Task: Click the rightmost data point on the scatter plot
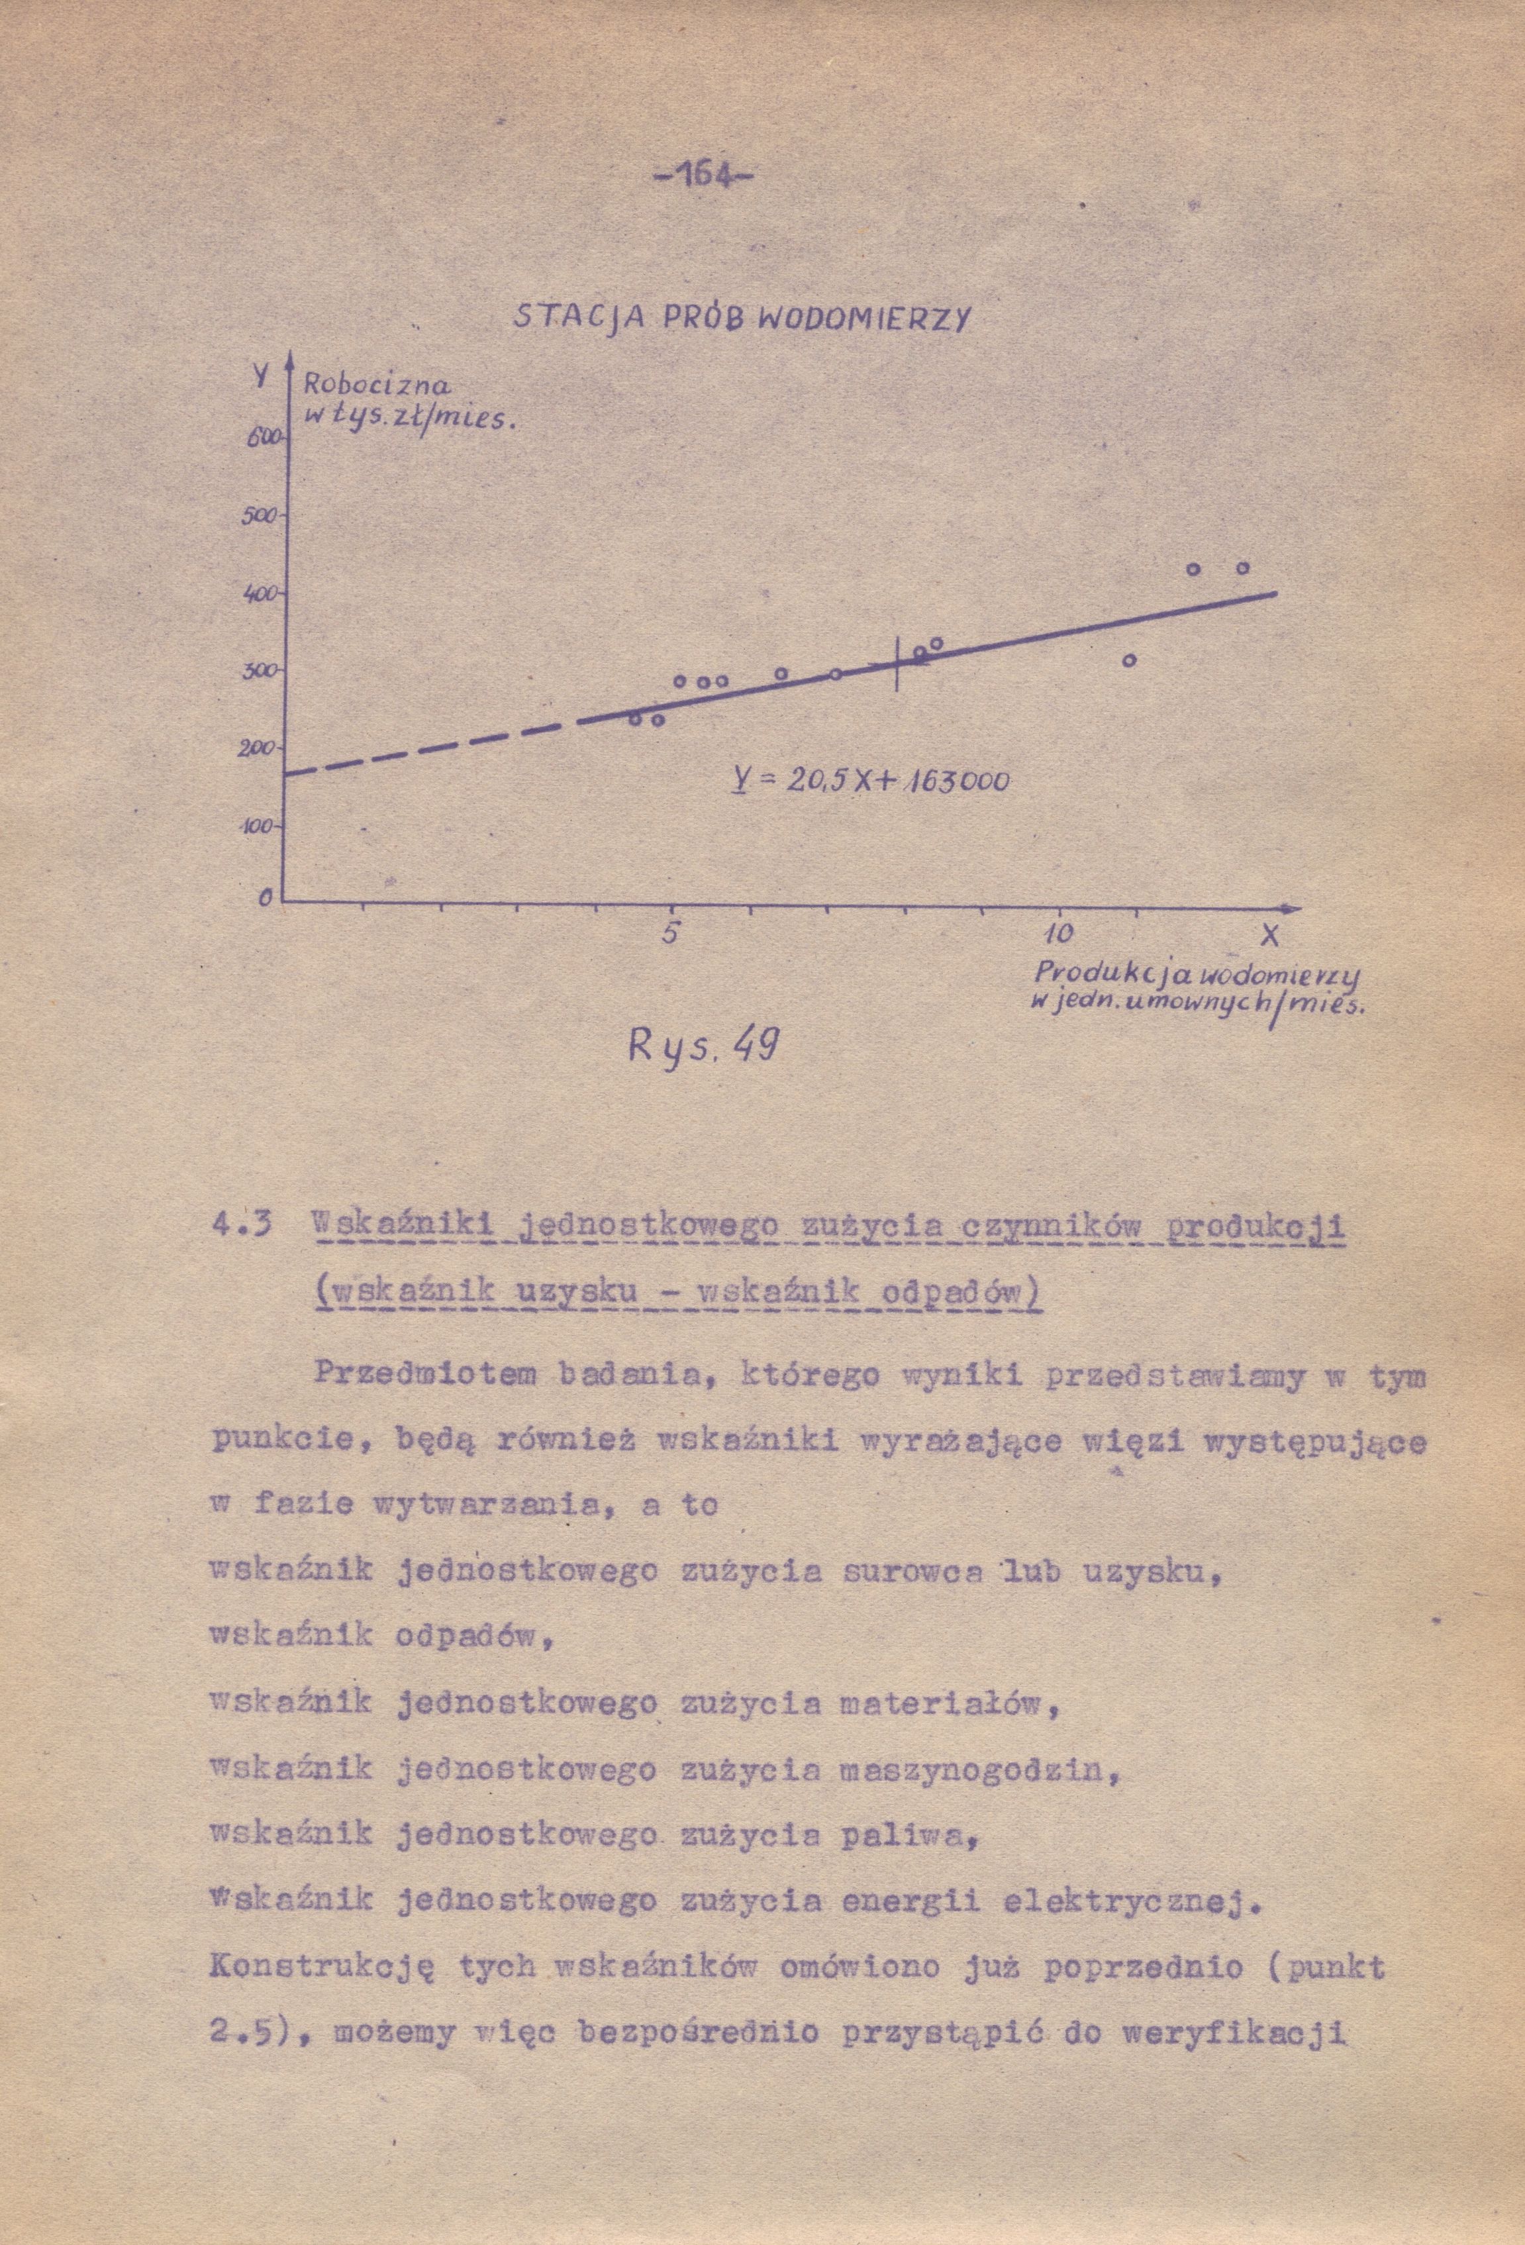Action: [x=1243, y=568]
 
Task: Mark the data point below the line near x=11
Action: [x=1128, y=661]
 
